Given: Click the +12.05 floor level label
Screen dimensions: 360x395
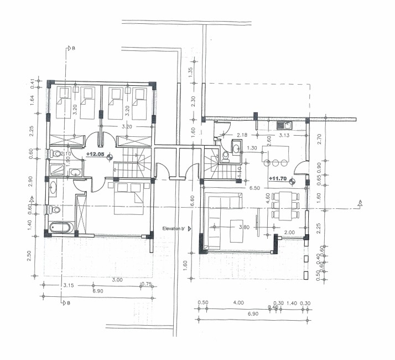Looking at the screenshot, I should pos(96,154).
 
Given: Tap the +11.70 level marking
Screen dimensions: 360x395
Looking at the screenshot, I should pos(278,179).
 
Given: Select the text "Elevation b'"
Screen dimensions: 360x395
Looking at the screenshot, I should pos(177,228).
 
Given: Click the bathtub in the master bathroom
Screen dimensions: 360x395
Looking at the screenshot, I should pos(60,228).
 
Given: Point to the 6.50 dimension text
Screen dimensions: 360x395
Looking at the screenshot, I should pos(254,188).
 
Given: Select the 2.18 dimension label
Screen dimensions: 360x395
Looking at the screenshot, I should pos(242,135).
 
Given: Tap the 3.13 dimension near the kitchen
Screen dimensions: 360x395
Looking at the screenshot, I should pos(284,135).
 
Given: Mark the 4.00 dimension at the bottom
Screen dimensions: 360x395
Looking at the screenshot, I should pos(239,303).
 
